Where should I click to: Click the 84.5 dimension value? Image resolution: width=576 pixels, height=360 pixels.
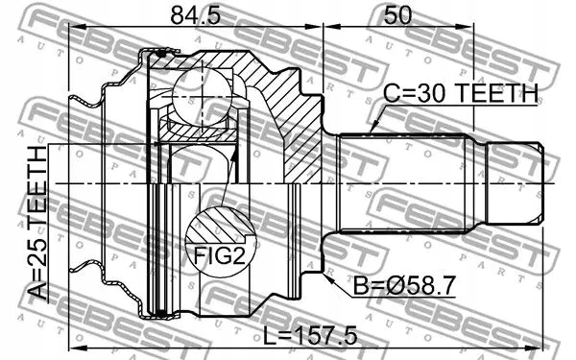point(196,15)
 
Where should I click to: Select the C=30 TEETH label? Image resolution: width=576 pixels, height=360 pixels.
point(460,93)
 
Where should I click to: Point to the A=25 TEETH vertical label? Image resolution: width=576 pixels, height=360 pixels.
point(37,223)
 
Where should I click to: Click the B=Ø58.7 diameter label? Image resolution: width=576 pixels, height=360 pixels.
point(404,285)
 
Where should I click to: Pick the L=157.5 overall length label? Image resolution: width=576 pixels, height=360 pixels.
point(310,336)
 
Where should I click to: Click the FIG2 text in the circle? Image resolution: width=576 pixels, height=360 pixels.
point(219,255)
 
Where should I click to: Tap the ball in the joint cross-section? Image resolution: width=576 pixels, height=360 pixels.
point(202,96)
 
